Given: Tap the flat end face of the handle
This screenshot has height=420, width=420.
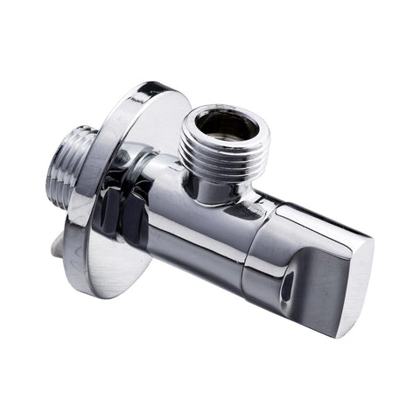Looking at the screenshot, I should coord(354,280).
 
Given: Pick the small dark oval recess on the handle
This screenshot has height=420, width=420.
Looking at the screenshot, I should coord(286,285).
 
